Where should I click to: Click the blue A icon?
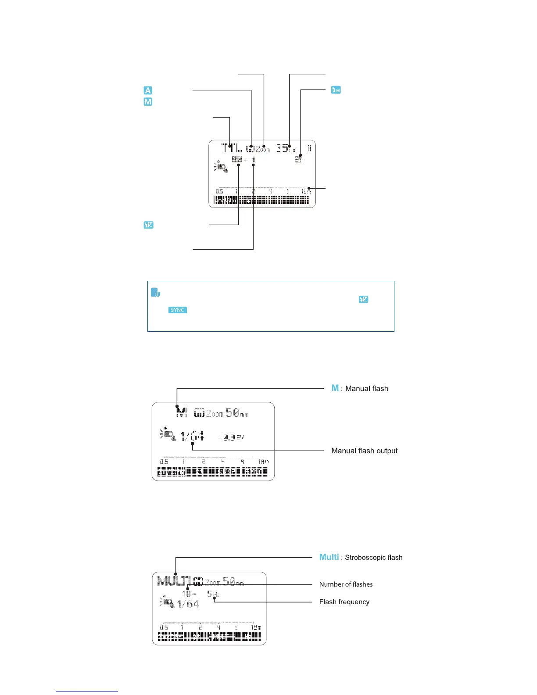pyautogui.click(x=148, y=90)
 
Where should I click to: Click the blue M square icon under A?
pyautogui.click(x=148, y=102)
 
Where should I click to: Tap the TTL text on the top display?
pyautogui.click(x=232, y=148)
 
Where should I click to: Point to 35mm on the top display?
pyautogui.click(x=286, y=148)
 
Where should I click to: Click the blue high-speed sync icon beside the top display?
pyautogui.click(x=336, y=90)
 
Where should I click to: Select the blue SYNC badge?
pyautogui.click(x=178, y=310)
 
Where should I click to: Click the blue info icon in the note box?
pyautogui.click(x=155, y=292)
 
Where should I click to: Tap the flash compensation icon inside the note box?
pyautogui.click(x=363, y=299)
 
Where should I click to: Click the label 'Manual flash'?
pyautogui.click(x=366, y=388)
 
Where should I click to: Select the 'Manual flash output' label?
pyautogui.click(x=365, y=451)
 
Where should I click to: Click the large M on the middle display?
pyautogui.click(x=181, y=412)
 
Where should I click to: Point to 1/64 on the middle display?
pyautogui.click(x=193, y=436)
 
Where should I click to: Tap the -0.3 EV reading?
pyautogui.click(x=230, y=437)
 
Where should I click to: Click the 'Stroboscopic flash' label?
pyautogui.click(x=373, y=557)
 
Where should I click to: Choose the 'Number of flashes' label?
pyautogui.click(x=346, y=584)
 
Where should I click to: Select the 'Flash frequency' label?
pyautogui.click(x=344, y=602)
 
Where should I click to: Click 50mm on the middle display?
pyautogui.click(x=237, y=413)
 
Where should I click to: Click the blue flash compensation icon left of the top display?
pyautogui.click(x=149, y=225)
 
